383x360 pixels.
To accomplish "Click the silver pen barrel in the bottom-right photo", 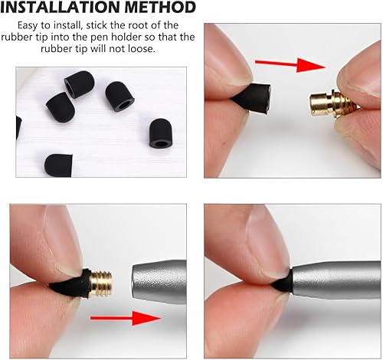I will coord(337,280).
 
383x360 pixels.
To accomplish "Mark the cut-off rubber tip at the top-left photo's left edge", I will coord(18,126).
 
